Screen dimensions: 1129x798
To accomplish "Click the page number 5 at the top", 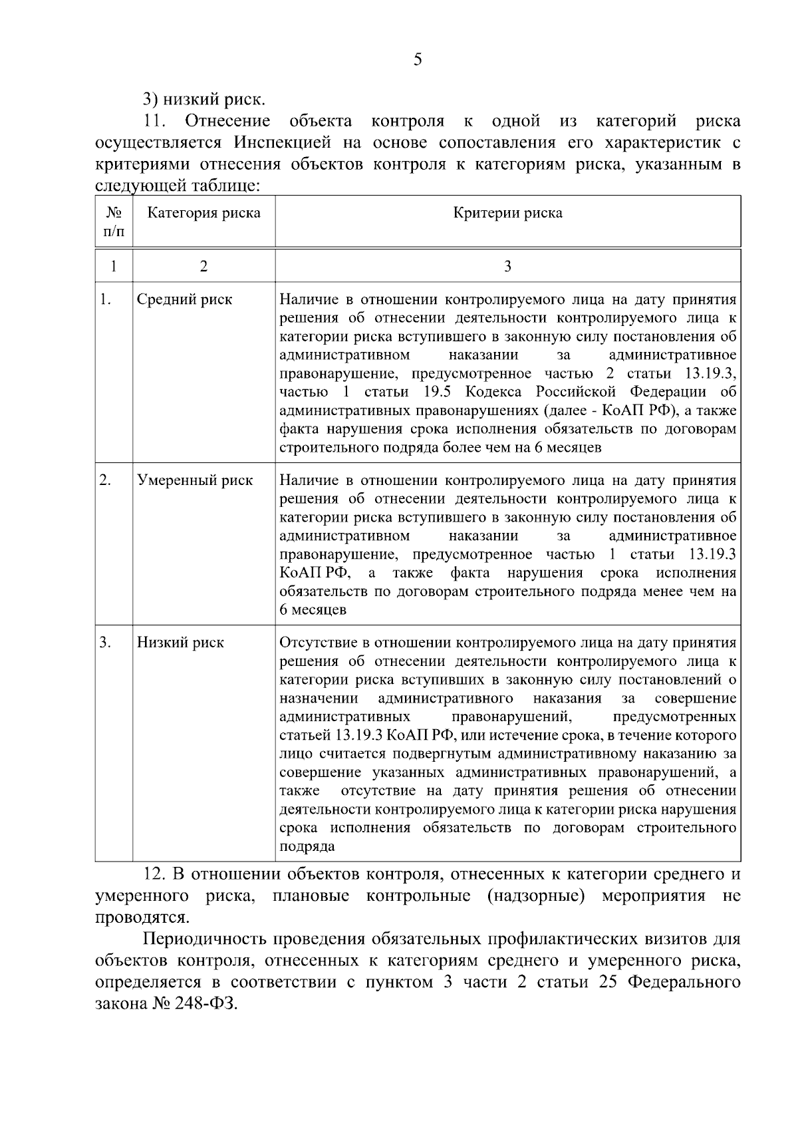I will [x=417, y=60].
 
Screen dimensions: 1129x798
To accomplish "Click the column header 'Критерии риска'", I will [x=507, y=213].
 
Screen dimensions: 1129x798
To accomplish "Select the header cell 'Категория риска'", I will [x=203, y=213].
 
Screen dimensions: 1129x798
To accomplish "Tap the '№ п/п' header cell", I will [x=114, y=222].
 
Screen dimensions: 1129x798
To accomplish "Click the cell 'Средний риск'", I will [x=184, y=299].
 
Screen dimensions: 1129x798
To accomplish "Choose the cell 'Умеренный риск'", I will [x=195, y=480].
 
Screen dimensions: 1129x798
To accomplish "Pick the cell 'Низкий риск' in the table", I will [x=180, y=643].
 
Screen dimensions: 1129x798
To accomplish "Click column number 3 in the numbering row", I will [x=507, y=266].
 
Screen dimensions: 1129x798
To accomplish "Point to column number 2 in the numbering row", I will [x=203, y=266].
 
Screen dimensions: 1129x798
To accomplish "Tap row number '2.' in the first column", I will [x=105, y=480].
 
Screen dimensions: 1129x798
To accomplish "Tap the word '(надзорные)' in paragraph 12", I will [x=535, y=895].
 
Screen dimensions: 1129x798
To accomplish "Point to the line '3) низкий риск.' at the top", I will [x=203, y=100].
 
